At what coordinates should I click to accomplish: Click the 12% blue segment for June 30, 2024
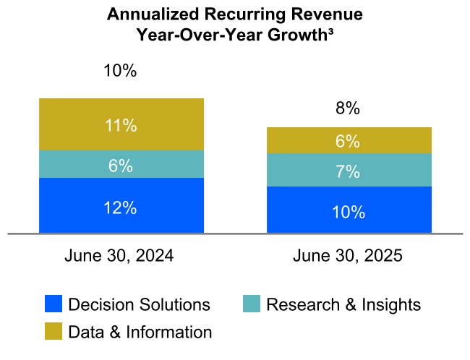pos(121,206)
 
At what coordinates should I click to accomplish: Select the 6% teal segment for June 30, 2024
pos(121,165)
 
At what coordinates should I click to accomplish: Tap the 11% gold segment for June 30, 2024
pos(121,125)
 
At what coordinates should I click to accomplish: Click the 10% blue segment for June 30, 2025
pos(349,210)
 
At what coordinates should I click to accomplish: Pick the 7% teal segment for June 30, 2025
pos(349,171)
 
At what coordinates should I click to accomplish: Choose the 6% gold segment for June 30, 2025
pos(349,141)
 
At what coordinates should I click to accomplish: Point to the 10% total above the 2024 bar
pos(121,71)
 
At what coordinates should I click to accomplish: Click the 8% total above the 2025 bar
pos(348,108)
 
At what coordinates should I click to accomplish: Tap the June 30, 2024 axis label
pos(119,256)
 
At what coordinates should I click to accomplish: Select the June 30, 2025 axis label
pos(348,256)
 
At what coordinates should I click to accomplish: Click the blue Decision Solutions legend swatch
pos(54,304)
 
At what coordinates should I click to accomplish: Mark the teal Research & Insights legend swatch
pos(252,304)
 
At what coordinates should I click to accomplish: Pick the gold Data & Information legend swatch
pos(54,332)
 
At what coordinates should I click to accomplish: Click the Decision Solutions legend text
pos(139,305)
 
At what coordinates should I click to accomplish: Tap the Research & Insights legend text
pos(343,305)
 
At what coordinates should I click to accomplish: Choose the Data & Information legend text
pos(140,333)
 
